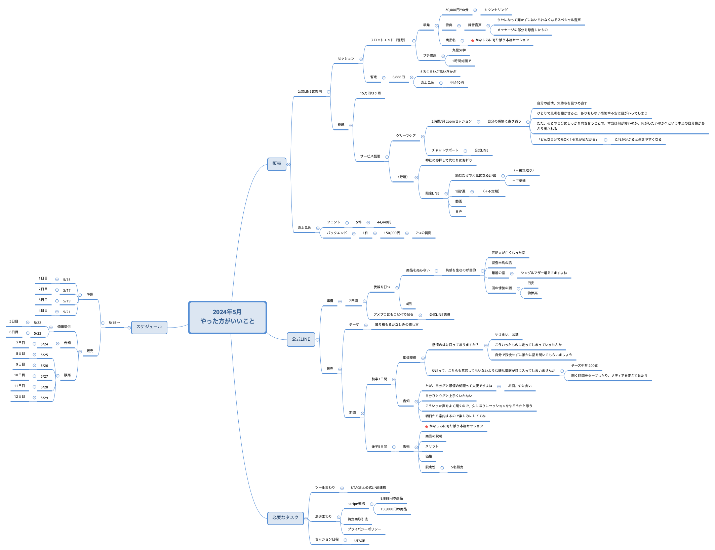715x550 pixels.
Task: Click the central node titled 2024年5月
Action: [x=228, y=317]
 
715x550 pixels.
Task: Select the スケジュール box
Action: [x=149, y=327]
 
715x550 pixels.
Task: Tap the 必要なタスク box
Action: [x=285, y=518]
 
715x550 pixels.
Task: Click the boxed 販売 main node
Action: [x=277, y=164]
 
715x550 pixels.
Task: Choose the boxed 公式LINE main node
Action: [x=301, y=339]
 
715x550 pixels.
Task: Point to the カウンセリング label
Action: [x=496, y=10]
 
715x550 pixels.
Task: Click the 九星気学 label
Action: [x=459, y=50]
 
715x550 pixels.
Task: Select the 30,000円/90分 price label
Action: [x=456, y=10]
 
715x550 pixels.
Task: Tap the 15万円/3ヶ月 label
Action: [x=370, y=93]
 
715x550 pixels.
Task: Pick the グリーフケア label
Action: [x=406, y=136]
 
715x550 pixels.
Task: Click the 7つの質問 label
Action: [x=423, y=233]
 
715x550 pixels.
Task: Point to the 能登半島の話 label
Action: [x=502, y=263]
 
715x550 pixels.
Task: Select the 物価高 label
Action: [x=532, y=293]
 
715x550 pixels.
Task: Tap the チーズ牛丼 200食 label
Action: [x=585, y=366]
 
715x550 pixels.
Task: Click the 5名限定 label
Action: [x=457, y=467]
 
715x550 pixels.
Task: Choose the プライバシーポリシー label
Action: [x=364, y=530]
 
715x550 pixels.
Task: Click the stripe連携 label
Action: [x=357, y=504]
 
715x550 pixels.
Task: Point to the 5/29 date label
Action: [x=44, y=398]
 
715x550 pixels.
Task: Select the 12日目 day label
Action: [x=19, y=397]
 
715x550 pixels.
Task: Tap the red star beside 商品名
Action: [x=473, y=41]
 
